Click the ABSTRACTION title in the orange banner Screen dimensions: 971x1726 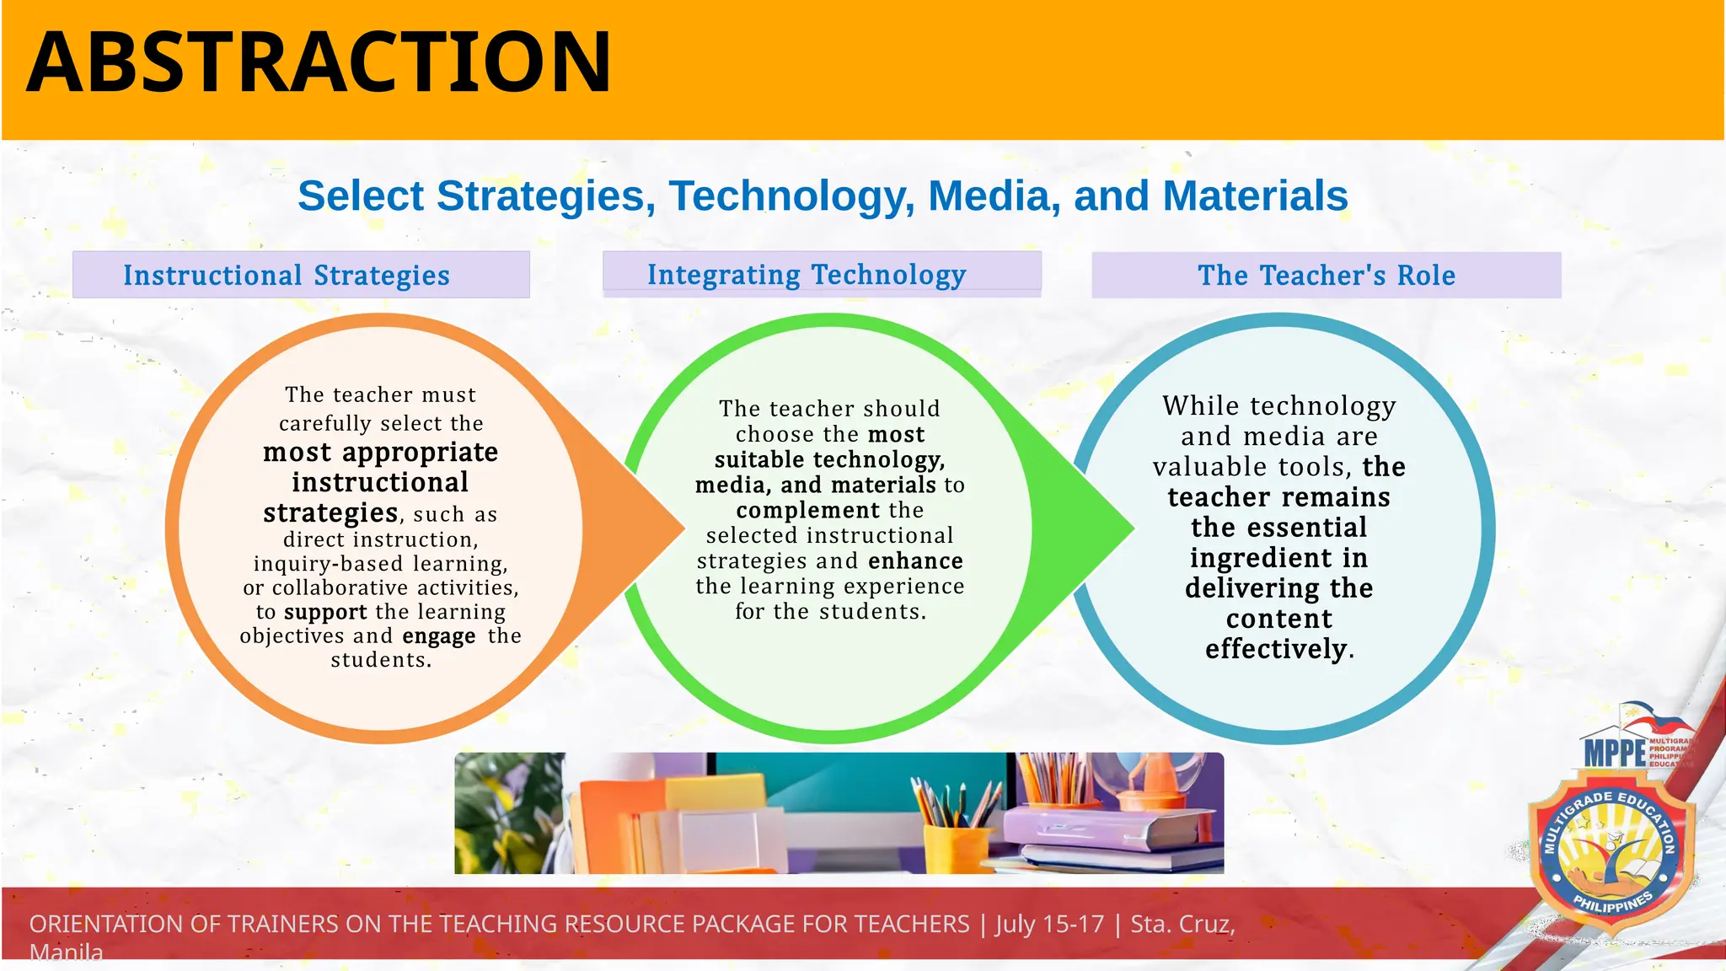pyautogui.click(x=319, y=62)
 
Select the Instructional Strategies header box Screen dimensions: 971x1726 pyautogui.click(x=301, y=275)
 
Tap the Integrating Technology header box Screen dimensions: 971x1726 pyautogui.click(x=822, y=274)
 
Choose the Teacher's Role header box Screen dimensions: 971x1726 pyautogui.click(x=1326, y=275)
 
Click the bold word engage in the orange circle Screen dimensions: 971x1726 pyautogui.click(x=438, y=636)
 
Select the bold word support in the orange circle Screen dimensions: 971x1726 pyautogui.click(x=325, y=612)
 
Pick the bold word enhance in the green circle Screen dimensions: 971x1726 pyautogui.click(x=915, y=561)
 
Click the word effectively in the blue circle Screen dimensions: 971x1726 pyautogui.click(x=1276, y=649)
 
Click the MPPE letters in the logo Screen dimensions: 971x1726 pyautogui.click(x=1614, y=753)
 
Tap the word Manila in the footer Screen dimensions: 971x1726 pyautogui.click(x=66, y=953)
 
